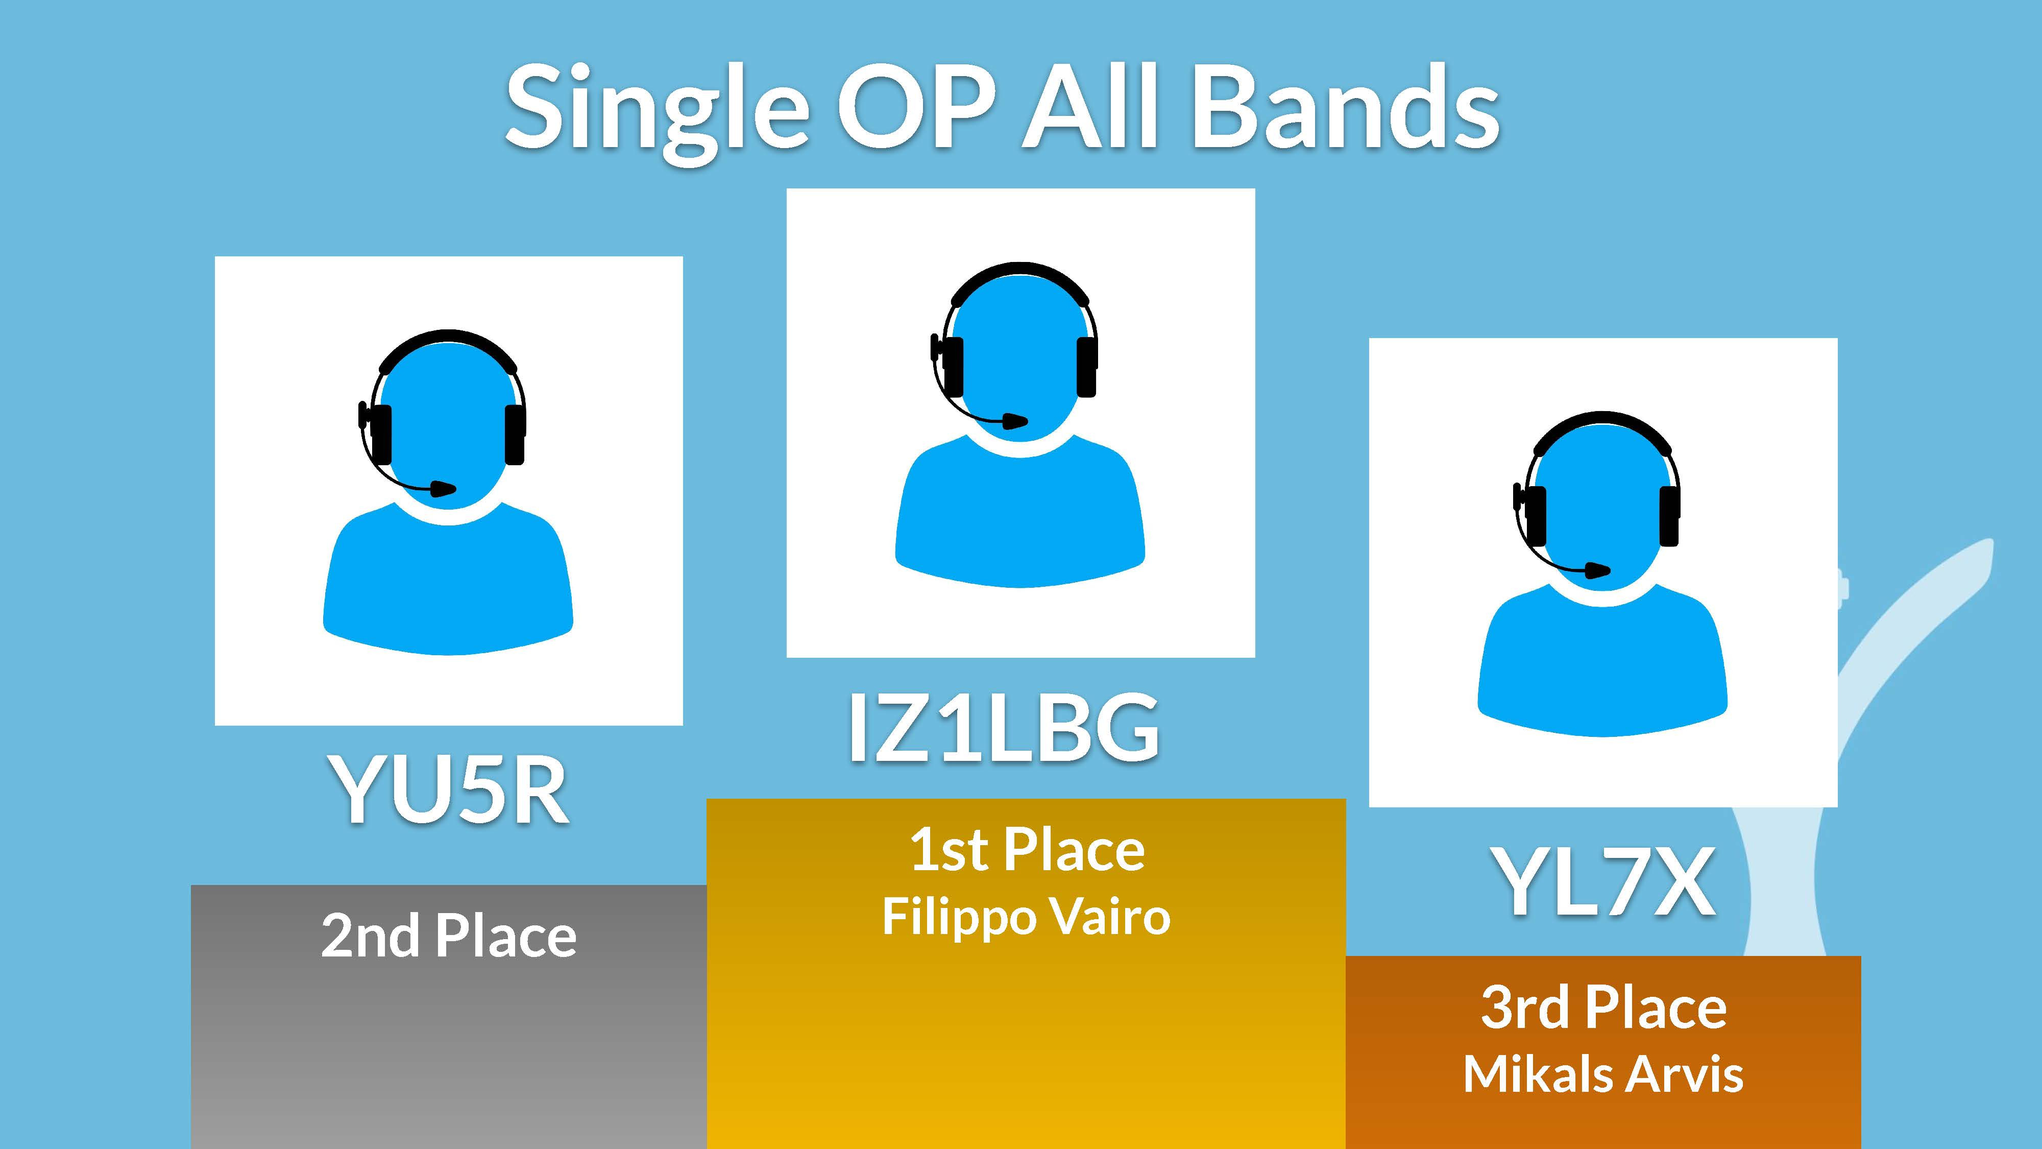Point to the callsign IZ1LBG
tap(1004, 726)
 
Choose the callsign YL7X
tap(1605, 881)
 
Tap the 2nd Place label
tap(449, 936)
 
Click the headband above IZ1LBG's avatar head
tap(1020, 277)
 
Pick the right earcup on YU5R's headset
tap(515, 435)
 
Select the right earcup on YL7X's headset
tap(1669, 516)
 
